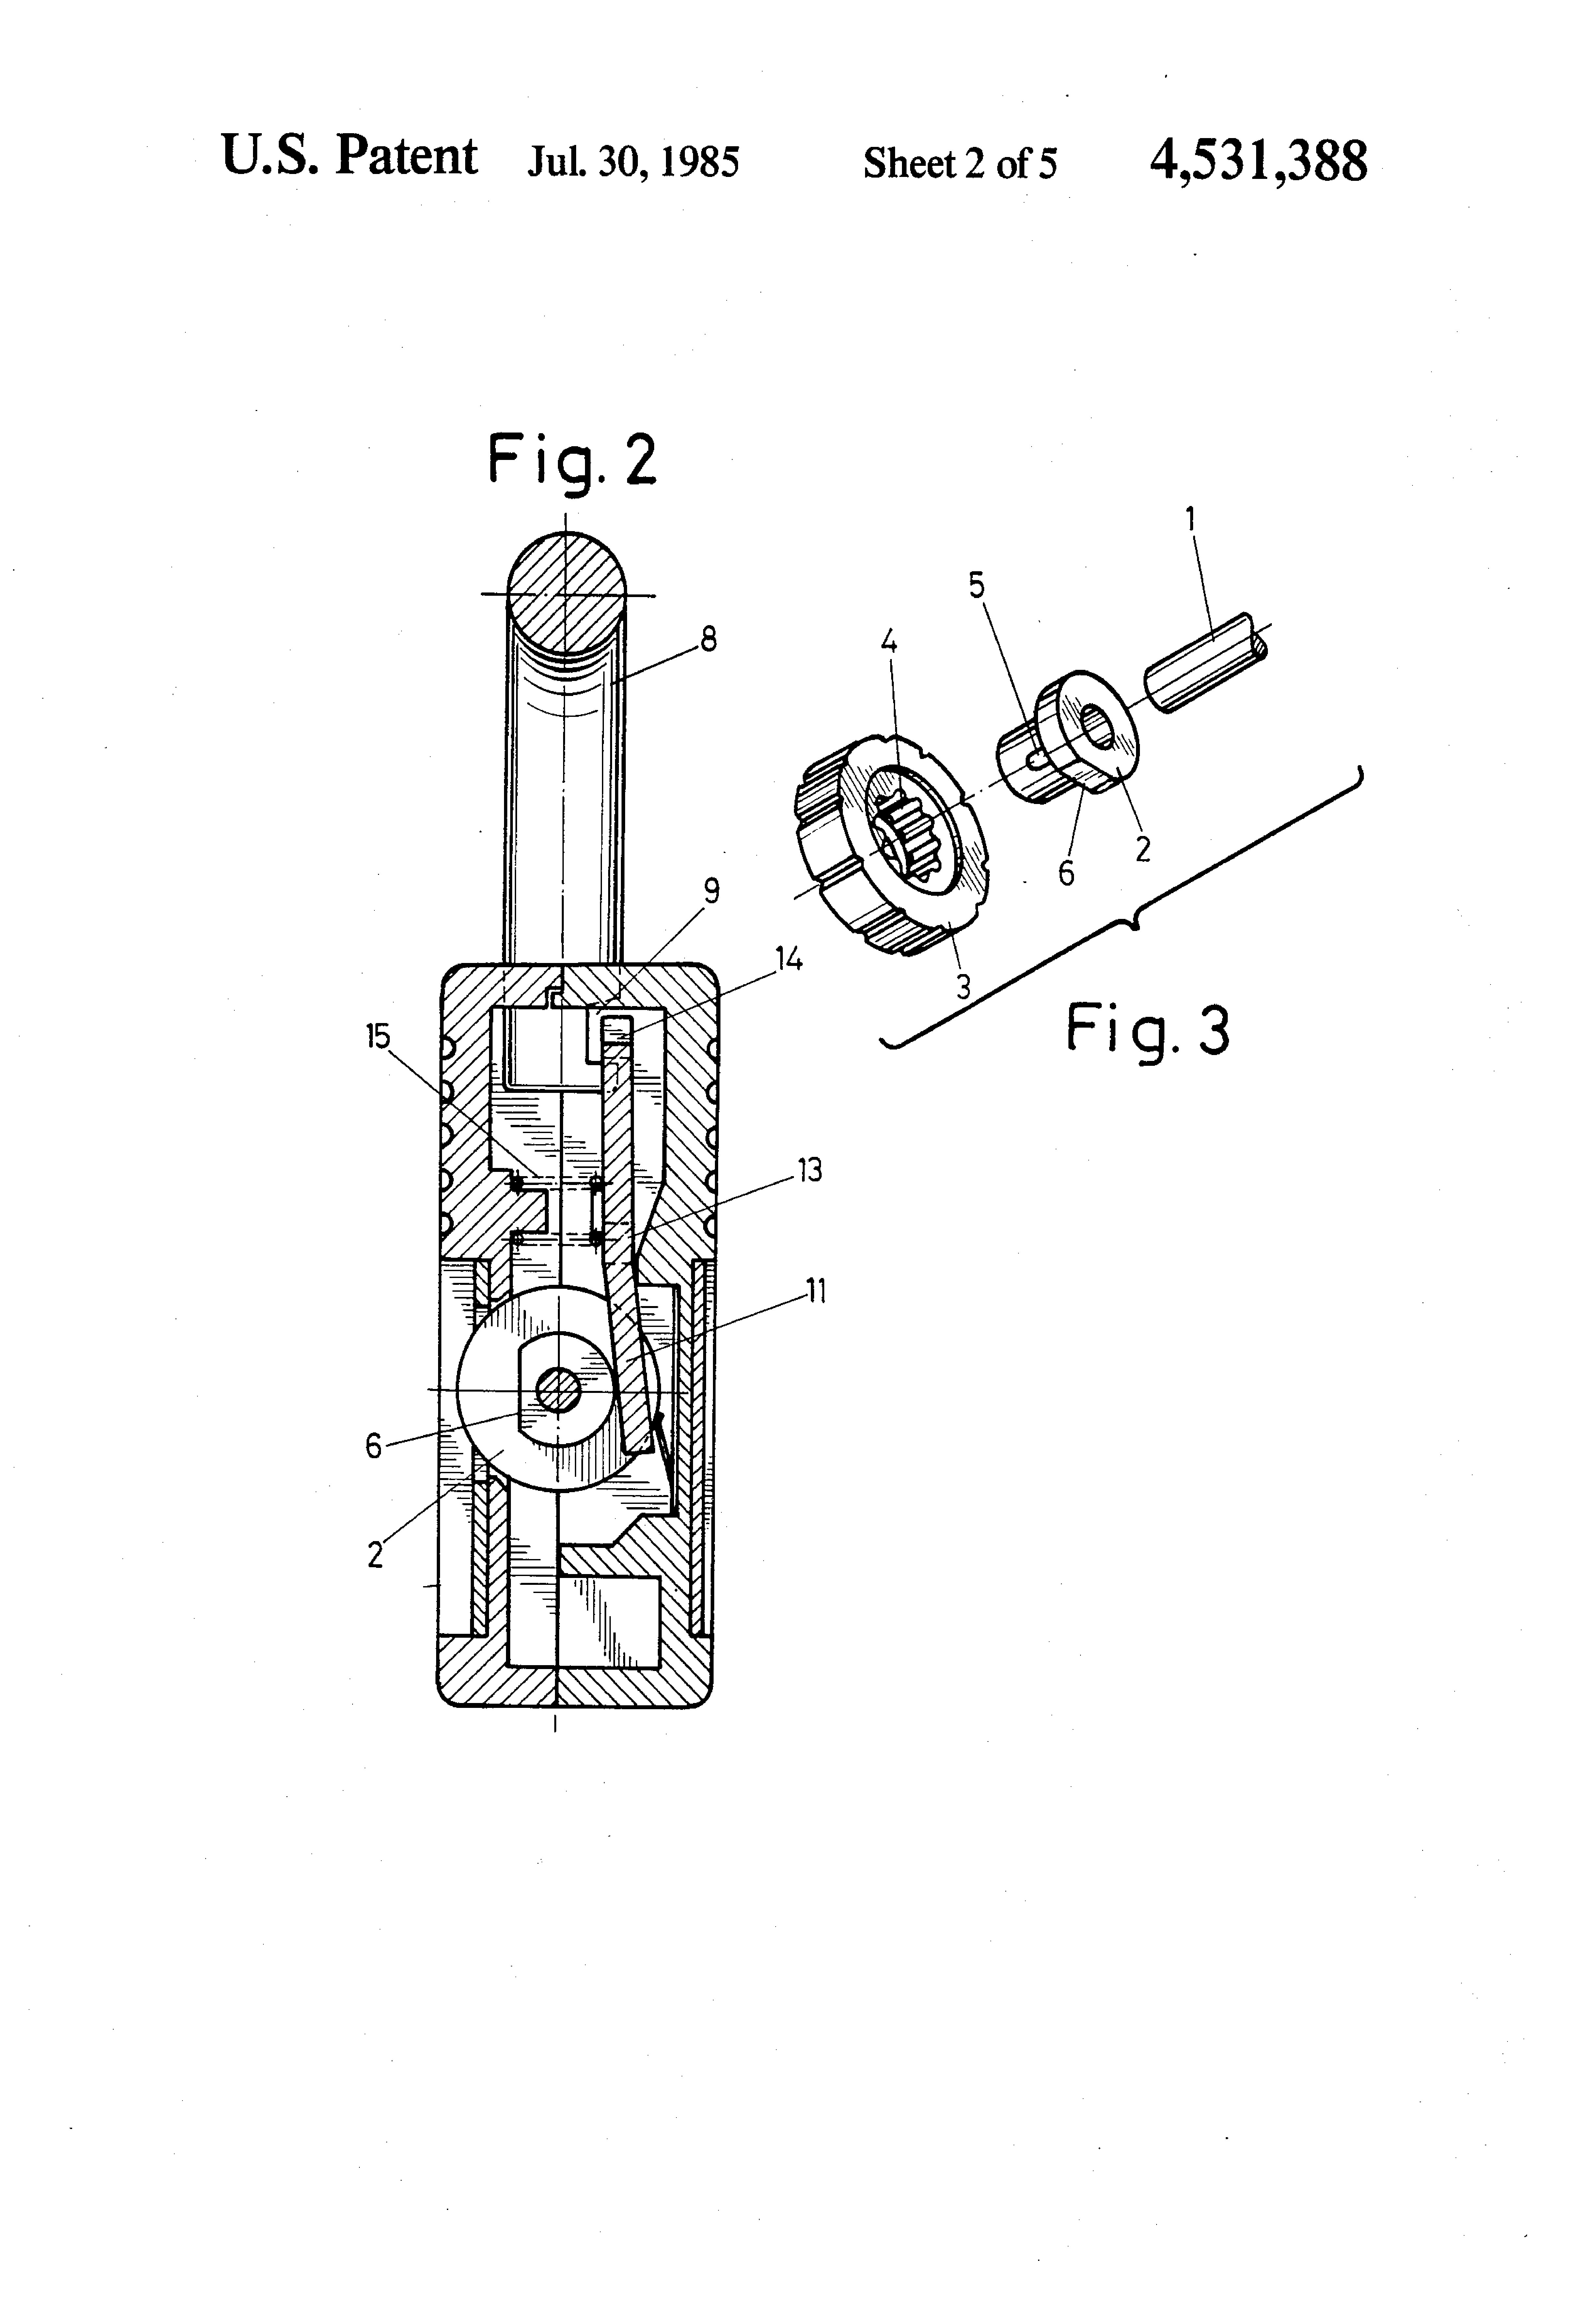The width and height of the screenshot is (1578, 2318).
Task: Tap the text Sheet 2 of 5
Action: [960, 163]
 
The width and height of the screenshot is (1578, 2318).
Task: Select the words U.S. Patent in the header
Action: [349, 157]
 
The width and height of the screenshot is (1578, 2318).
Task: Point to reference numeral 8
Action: [708, 639]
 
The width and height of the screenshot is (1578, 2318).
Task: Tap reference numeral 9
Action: [711, 891]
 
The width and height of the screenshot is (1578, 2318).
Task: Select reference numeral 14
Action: [788, 959]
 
